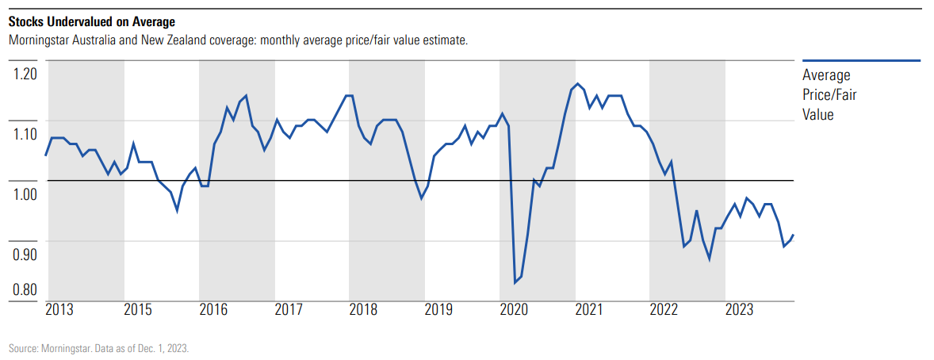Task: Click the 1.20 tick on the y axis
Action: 25,74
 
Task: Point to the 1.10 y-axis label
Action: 25,134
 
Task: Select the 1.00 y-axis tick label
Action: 25,194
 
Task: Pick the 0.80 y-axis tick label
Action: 25,289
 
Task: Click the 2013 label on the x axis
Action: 60,308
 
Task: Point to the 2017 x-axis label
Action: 289,308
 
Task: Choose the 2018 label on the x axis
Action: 363,308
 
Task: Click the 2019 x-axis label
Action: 438,308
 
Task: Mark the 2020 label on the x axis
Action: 514,308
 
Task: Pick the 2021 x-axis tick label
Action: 589,308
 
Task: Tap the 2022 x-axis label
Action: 664,308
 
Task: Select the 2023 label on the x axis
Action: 740,308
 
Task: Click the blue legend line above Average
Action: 861,60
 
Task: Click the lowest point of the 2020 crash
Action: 515,282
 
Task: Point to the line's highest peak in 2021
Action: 578,83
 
